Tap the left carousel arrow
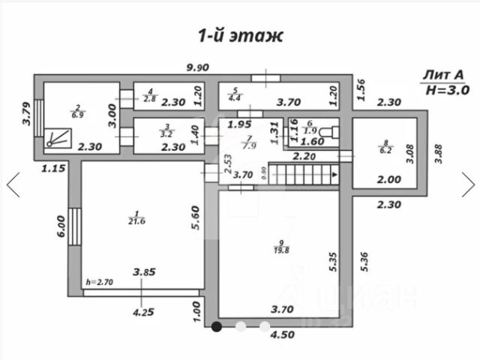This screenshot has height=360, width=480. tap(13, 184)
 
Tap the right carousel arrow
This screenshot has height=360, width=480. tap(468, 184)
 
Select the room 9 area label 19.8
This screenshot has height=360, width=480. tap(282, 248)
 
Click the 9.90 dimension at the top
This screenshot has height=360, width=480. tap(197, 67)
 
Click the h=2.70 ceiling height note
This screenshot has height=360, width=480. tap(98, 282)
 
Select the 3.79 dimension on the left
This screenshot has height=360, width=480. tap(24, 114)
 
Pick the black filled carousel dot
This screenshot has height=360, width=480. tap(217, 326)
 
